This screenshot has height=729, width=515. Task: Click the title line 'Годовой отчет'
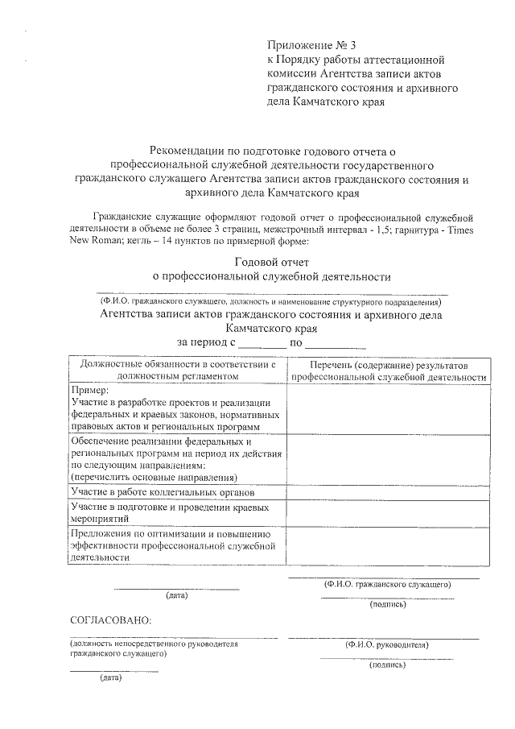click(x=271, y=262)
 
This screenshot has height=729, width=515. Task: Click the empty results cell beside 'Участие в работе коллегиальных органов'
click(x=389, y=491)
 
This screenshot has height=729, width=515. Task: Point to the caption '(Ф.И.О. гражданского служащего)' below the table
click(x=386, y=584)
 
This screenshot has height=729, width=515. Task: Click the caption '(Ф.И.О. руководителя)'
click(x=386, y=645)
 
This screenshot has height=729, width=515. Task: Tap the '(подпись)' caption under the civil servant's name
click(x=387, y=604)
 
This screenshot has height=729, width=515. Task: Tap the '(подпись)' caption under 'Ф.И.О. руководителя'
click(x=387, y=665)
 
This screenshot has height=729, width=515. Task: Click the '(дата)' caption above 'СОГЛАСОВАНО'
click(x=176, y=596)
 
